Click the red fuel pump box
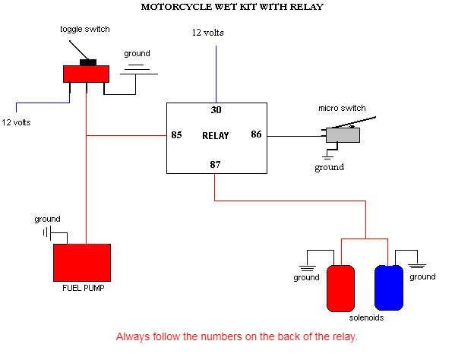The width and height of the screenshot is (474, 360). coord(82,263)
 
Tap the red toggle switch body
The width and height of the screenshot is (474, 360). coord(86,74)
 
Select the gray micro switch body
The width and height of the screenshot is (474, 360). coord(343,135)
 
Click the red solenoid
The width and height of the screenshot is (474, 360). coord(340,289)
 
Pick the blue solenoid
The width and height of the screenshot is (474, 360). coord(389,288)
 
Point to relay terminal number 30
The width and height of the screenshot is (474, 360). coord(216,109)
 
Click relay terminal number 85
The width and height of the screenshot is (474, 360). coord(176,135)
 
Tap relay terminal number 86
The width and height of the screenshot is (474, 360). coord(256,134)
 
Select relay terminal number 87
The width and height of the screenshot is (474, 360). coord(215,165)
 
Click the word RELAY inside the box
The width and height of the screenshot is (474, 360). coord(216,136)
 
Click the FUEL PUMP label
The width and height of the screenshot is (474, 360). coord(84,288)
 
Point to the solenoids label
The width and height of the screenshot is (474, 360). coord(366,317)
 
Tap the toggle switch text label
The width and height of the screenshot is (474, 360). coord(85,30)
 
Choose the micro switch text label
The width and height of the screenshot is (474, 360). coord(342,108)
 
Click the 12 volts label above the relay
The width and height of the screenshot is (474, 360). coord(208,33)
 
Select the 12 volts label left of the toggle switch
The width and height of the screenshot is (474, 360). coord(16,122)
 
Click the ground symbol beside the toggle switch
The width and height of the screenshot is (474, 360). coord(139,70)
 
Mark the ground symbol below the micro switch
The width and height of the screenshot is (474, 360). coord(327,156)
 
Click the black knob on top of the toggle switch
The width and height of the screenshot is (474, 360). coord(88,62)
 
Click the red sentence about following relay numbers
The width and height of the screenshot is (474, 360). coord(237,336)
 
